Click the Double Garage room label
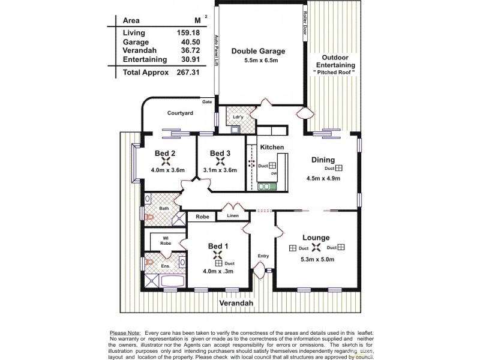(x=258, y=51)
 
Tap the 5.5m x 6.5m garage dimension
(x=258, y=61)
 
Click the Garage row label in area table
(x=136, y=42)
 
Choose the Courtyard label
(x=179, y=112)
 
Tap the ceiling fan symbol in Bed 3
(x=220, y=161)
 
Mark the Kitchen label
(x=272, y=147)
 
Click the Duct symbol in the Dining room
(x=339, y=169)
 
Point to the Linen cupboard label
(x=233, y=215)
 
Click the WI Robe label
(x=165, y=240)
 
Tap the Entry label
(x=263, y=256)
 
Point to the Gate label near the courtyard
(x=207, y=102)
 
